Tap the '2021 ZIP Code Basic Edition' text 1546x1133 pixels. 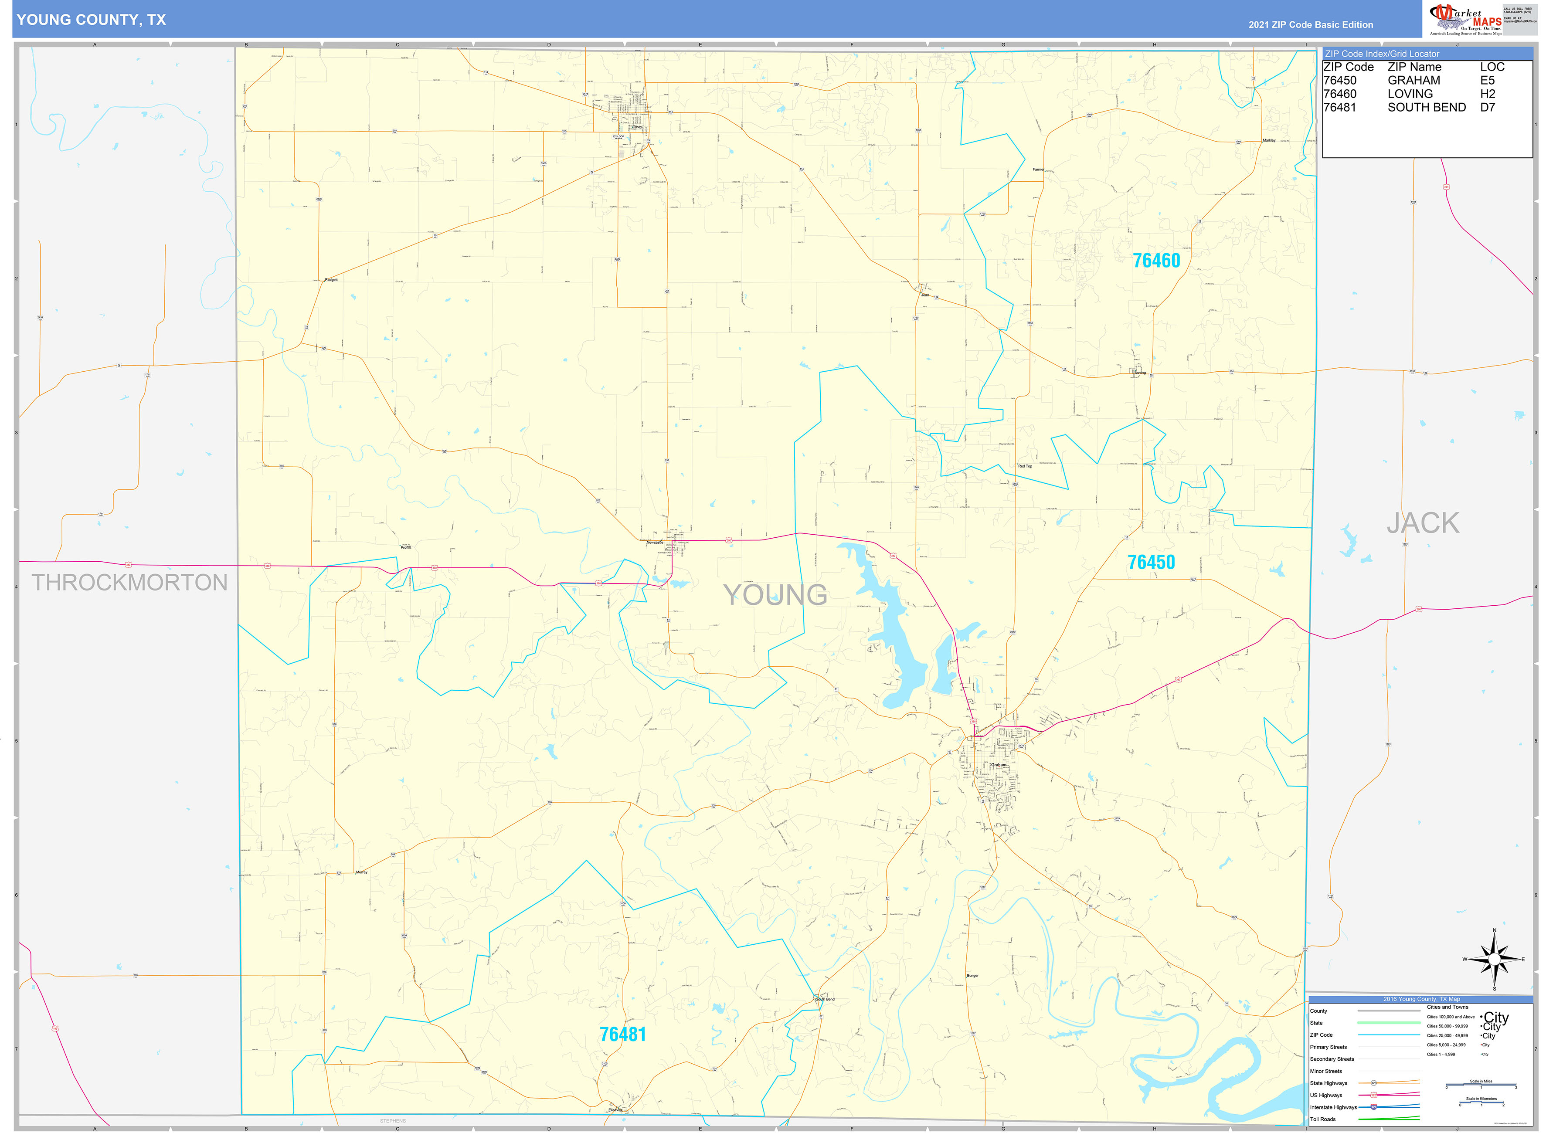1310,25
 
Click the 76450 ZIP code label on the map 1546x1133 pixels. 1151,563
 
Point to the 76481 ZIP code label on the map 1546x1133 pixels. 622,1034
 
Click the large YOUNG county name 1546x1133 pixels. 775,595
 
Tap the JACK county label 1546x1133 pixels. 1423,523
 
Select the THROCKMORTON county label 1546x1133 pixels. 129,582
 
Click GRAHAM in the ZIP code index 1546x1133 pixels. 1413,80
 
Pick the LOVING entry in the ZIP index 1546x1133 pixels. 1410,94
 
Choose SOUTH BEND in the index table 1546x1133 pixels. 1426,108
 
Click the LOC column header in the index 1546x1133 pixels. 1492,67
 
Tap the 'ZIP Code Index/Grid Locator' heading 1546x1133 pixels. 1381,54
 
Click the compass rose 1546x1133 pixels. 1494,959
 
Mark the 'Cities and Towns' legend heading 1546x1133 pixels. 1447,1007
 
